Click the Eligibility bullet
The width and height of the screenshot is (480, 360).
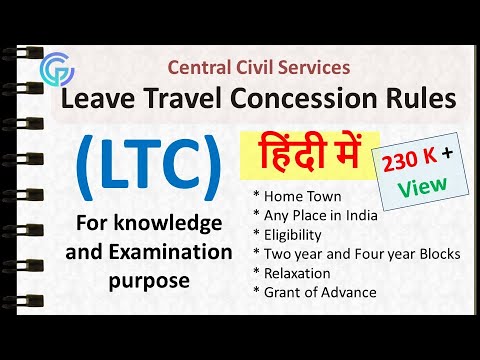(x=292, y=235)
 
